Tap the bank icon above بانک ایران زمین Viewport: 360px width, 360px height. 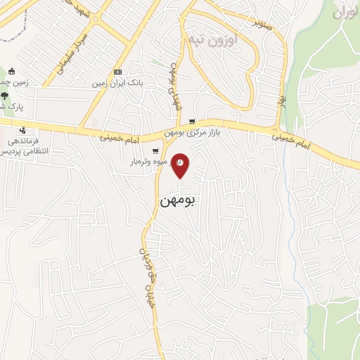(117, 72)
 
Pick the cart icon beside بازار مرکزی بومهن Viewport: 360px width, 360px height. (192, 121)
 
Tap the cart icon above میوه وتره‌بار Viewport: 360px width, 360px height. (155, 150)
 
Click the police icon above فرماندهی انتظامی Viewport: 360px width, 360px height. (22, 130)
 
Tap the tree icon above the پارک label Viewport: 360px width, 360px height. (5, 96)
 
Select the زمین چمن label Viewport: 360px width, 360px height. (13, 83)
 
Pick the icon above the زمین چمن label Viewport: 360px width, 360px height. (12, 71)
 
